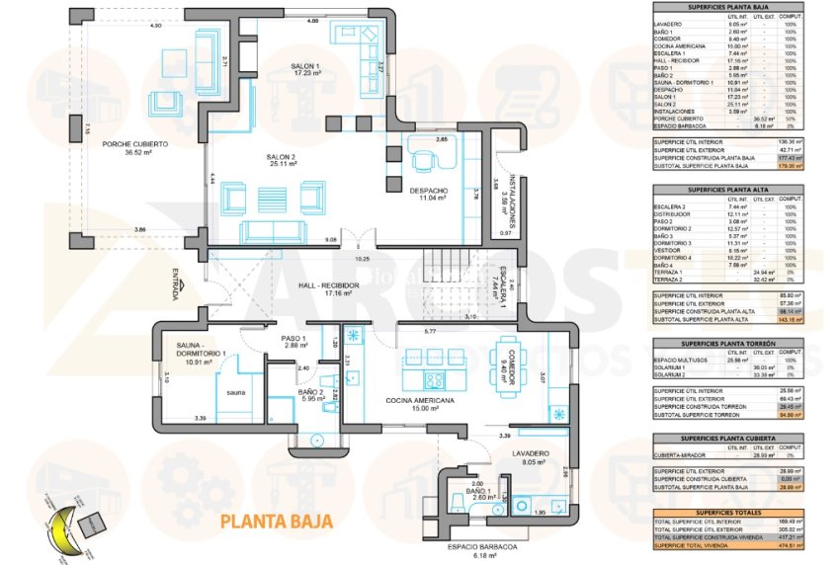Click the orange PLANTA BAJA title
tap(269, 520)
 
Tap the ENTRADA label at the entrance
tap(175, 282)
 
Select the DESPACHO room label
tap(428, 193)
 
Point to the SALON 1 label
tap(304, 68)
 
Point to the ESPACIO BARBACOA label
tap(479, 546)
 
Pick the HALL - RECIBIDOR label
tap(329, 288)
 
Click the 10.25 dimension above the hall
tap(364, 259)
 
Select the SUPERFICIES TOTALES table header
tap(727, 512)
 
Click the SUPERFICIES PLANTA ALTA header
tap(727, 188)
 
